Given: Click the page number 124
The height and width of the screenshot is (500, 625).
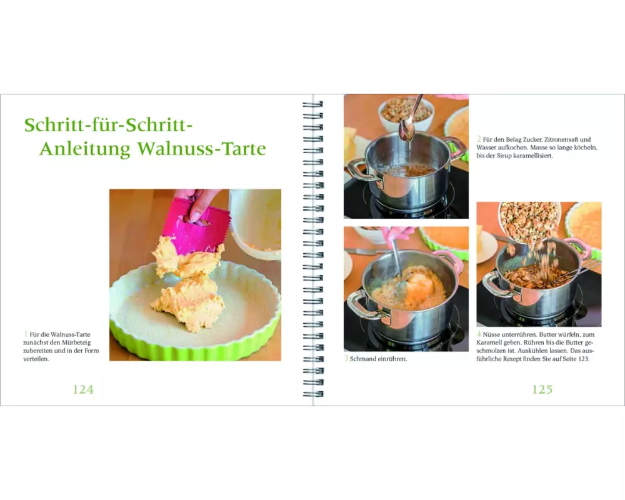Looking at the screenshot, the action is coord(83,389).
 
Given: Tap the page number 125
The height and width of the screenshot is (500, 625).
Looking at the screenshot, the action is coord(542,389).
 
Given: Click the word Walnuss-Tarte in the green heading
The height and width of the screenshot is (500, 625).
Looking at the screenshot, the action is coord(202,149).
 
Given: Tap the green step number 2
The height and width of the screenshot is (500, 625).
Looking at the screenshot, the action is coord(479,139).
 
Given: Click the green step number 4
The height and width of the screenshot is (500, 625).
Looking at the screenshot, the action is coord(479,334).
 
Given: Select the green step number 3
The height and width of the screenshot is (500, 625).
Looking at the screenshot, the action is coord(346,359).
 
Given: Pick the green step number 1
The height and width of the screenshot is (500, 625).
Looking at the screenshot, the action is coord(26,334).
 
